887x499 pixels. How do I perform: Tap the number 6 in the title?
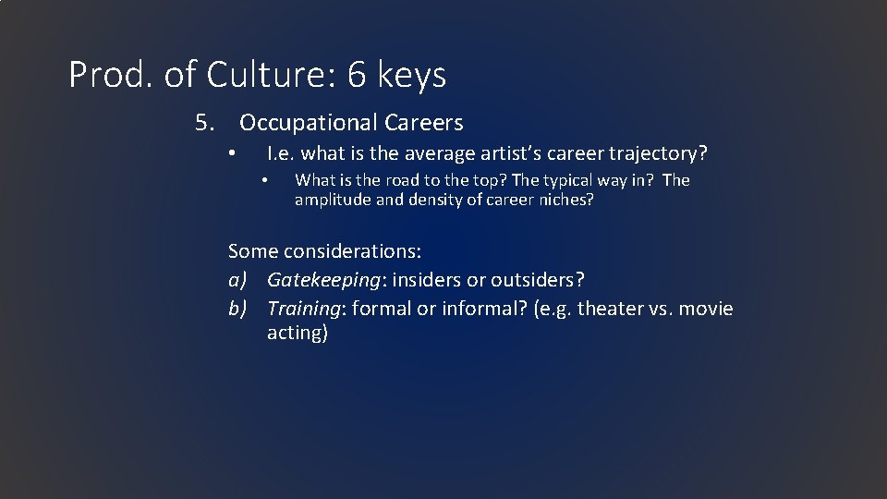pos(358,75)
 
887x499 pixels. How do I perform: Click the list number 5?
pos(204,123)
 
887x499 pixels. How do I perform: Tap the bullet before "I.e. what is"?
pos(235,153)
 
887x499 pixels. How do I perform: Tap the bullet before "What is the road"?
pos(263,181)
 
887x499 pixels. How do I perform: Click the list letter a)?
pos(238,279)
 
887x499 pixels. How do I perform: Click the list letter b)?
pos(238,308)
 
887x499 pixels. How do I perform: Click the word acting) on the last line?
pos(298,333)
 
